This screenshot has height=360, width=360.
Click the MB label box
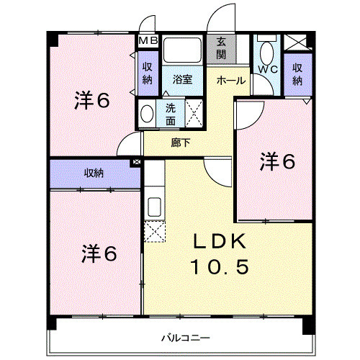tap(148, 41)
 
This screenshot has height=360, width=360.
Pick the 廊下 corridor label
tap(181, 143)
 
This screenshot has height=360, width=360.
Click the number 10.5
tap(219, 267)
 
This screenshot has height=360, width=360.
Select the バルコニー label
tap(185, 337)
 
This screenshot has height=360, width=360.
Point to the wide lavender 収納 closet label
tap(94, 173)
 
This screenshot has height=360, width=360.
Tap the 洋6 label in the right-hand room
tap(278, 162)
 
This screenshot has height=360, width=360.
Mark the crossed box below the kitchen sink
tap(155, 232)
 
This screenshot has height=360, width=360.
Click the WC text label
tap(268, 70)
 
